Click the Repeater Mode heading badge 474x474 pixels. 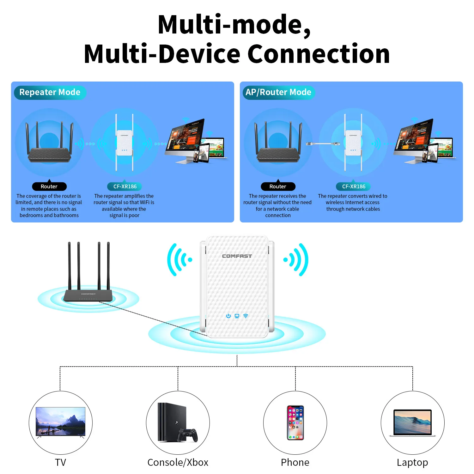50,92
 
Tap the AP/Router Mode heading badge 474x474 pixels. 278,92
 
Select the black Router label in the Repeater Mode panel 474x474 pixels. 49,186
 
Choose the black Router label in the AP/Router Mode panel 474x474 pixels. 278,186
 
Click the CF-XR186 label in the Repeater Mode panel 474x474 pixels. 125,186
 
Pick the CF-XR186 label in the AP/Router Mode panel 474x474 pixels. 354,186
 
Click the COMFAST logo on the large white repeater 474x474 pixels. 237,256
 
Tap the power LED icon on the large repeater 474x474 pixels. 228,316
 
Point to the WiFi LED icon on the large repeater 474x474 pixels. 246,316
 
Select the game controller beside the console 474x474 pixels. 187,434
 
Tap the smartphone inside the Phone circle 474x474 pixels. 295,422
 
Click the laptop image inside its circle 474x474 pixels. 412,423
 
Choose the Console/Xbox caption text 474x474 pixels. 178,462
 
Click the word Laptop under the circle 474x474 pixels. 412,462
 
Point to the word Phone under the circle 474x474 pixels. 295,462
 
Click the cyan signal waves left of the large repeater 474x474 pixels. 179,260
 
